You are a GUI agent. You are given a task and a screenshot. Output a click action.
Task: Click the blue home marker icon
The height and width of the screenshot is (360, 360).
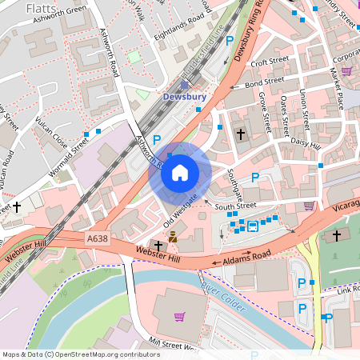click(180, 172)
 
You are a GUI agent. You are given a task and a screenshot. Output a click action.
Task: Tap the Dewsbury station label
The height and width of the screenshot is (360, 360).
click(184, 97)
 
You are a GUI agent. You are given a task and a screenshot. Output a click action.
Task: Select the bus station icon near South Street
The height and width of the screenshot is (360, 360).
click(253, 226)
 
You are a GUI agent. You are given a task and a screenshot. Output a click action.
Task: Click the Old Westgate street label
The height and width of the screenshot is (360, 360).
click(180, 206)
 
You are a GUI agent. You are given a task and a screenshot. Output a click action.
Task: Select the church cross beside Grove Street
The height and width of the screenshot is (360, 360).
click(241, 135)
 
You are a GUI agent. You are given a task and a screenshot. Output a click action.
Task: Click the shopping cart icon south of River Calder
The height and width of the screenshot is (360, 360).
click(180, 317)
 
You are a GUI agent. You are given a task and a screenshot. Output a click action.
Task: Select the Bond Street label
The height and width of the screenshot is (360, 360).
click(265, 82)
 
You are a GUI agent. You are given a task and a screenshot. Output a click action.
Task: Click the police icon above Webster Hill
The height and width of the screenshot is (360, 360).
click(172, 237)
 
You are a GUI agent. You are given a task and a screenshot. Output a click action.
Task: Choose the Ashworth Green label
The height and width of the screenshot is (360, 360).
click(57, 11)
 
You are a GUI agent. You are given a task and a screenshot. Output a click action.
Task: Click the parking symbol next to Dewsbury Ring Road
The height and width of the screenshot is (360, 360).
click(230, 40)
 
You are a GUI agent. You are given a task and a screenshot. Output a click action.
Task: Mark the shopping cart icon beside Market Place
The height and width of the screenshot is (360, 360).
click(346, 70)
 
